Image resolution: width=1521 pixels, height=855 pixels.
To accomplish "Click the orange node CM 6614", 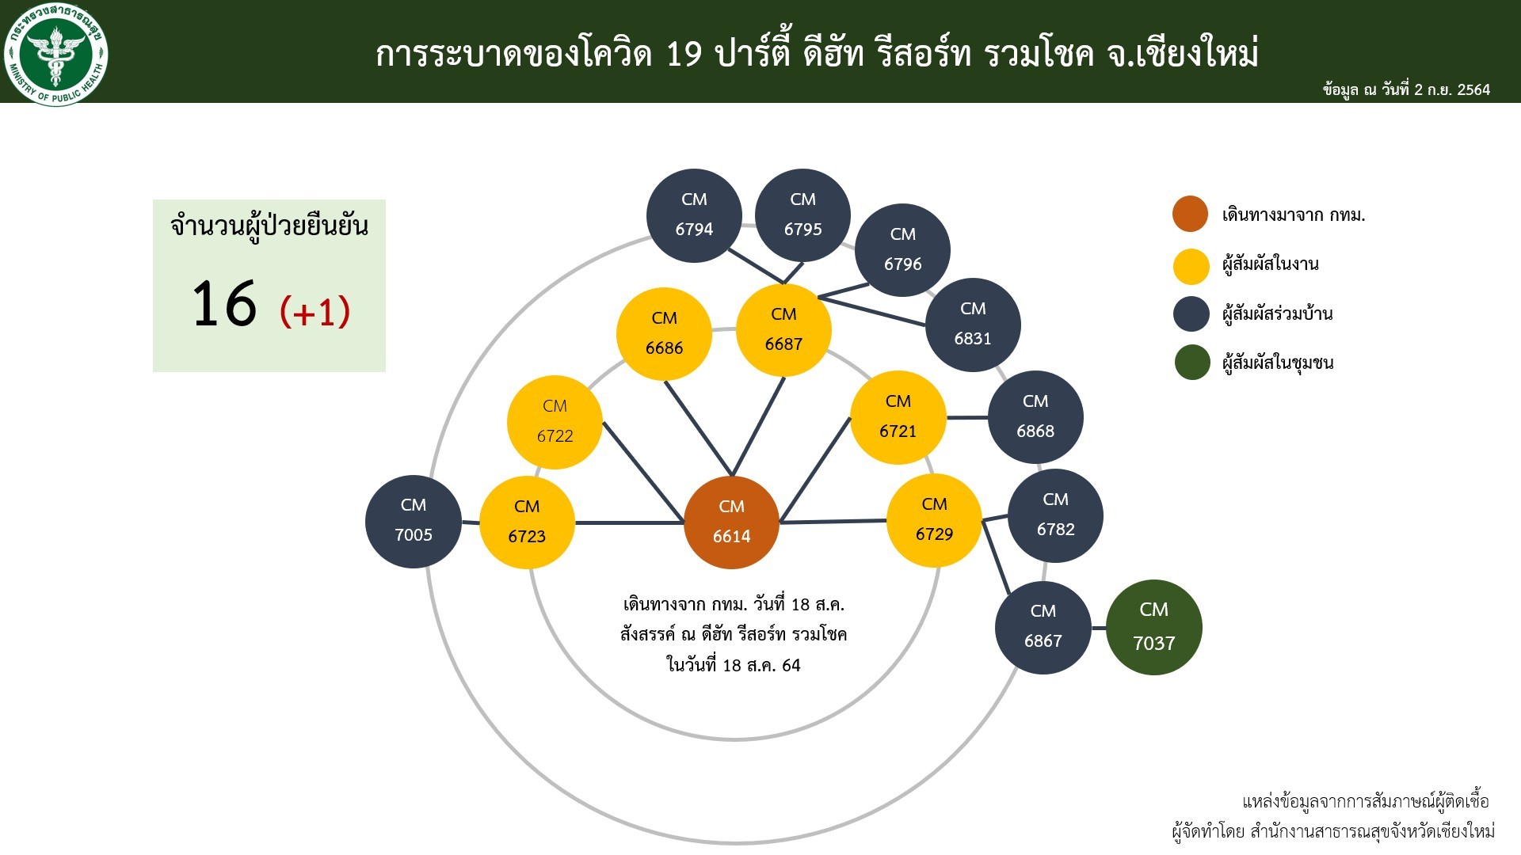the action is point(731,522).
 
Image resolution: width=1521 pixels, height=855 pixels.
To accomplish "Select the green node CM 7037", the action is point(1154,627).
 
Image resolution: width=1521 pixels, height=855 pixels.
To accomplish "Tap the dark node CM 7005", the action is point(414,522).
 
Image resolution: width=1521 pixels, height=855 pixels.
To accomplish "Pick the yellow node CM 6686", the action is point(664,334).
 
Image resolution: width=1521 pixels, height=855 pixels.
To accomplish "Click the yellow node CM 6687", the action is point(783,330).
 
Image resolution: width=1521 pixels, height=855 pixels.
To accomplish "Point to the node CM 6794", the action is point(694,215).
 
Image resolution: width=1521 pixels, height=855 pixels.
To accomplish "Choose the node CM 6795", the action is point(802,215).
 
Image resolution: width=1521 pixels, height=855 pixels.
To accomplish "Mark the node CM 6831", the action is point(973,325).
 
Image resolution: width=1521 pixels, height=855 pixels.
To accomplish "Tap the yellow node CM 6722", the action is point(555,422).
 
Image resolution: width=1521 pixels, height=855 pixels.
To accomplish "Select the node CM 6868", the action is point(1035,417).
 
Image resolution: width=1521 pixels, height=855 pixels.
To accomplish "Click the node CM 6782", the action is point(1055,515).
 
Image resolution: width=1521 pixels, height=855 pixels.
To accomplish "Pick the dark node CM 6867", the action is point(1043,627).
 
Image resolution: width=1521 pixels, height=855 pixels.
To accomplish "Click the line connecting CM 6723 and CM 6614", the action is point(629,522).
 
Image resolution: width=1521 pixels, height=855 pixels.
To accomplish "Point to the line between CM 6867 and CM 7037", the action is point(1099,628).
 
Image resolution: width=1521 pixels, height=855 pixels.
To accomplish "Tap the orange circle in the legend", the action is point(1191,214).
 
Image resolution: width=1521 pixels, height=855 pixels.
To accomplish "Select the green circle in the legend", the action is point(1191,363).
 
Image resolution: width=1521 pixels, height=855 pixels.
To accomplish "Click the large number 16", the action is point(224,303).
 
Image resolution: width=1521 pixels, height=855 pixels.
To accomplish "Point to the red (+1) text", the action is point(314,311).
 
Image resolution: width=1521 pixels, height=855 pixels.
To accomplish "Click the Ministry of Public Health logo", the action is point(55,55).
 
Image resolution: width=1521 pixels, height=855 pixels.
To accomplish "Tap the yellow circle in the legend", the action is point(1191,266).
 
